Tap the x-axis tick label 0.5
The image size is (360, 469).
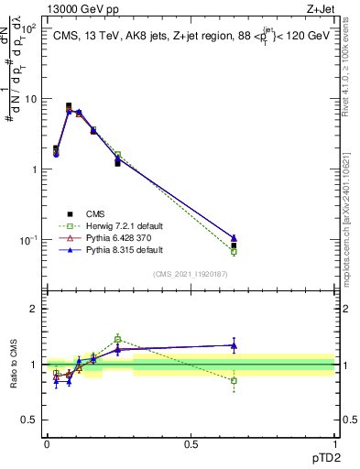(x=191, y=443)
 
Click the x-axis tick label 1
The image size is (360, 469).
(x=334, y=443)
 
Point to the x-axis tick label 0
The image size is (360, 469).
(x=47, y=443)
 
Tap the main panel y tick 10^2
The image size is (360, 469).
(x=28, y=28)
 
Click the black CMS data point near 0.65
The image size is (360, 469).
(x=234, y=245)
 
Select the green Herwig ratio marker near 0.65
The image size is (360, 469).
(x=234, y=380)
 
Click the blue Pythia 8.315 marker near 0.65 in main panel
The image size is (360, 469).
(x=234, y=238)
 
